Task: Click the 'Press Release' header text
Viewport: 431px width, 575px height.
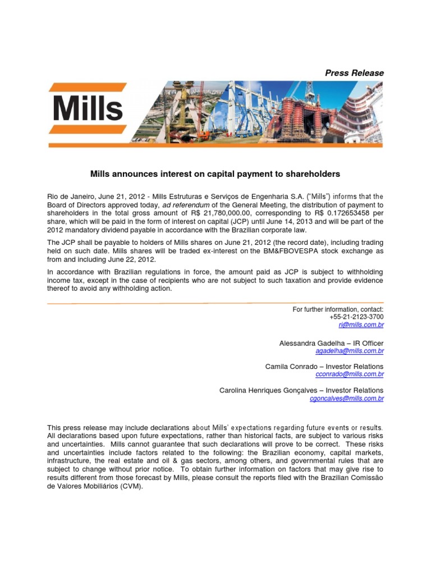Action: [355, 73]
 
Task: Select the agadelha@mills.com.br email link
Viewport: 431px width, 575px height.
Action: [350, 351]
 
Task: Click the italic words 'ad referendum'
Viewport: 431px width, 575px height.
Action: [182, 205]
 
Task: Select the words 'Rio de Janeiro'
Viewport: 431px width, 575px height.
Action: [67, 197]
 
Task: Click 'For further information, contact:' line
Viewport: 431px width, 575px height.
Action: [338, 309]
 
